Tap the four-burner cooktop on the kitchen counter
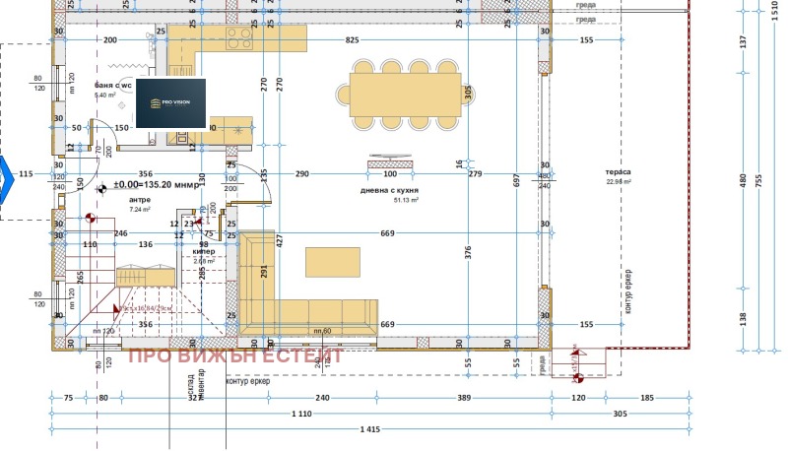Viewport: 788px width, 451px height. click(x=239, y=38)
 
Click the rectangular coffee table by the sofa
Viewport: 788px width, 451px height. click(x=332, y=261)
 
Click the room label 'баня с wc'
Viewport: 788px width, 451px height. click(x=113, y=86)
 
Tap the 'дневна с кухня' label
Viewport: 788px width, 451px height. click(x=390, y=189)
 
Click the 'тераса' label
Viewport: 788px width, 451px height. click(x=619, y=172)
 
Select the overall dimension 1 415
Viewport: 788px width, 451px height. click(x=369, y=429)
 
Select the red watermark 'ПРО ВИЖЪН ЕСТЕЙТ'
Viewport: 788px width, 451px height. click(x=235, y=355)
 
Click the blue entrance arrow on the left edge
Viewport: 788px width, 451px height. click(x=5, y=175)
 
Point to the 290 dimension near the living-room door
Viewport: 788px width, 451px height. click(x=301, y=174)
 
